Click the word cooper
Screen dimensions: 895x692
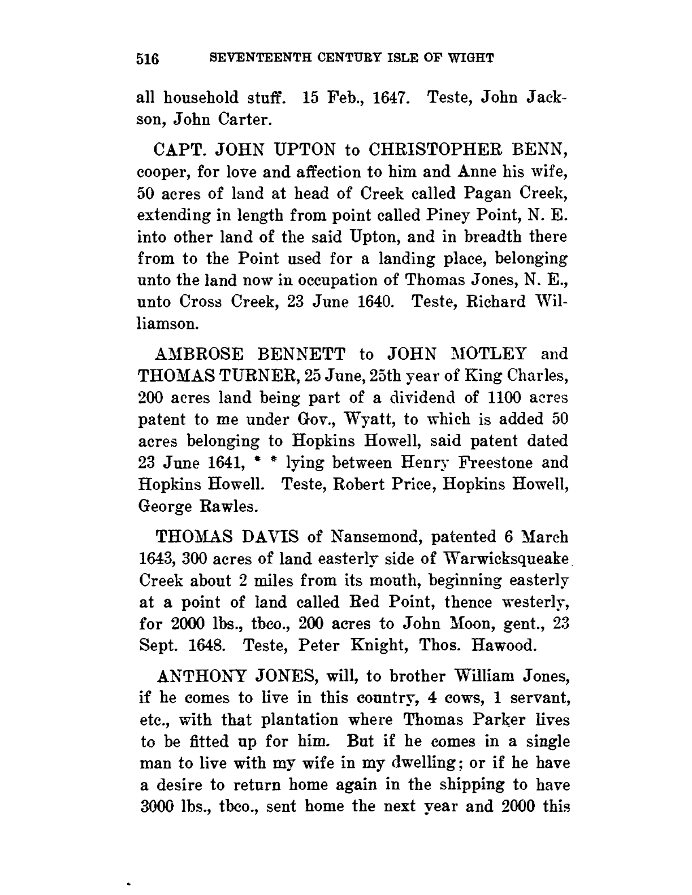tap(162, 173)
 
